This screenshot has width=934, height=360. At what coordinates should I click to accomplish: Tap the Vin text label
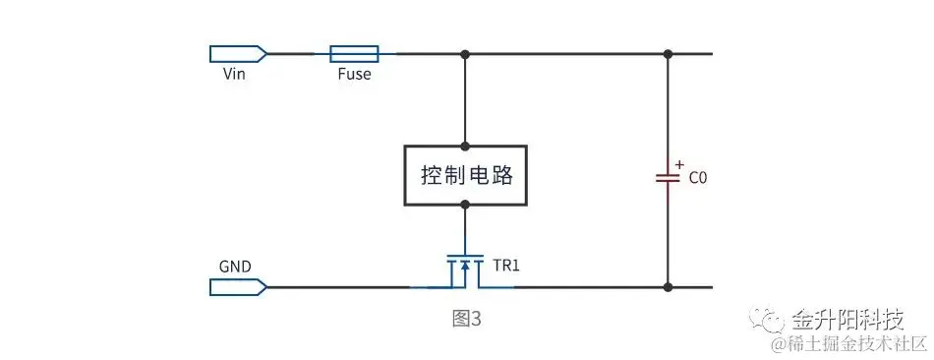[233, 74]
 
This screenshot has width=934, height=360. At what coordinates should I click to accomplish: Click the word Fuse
[354, 74]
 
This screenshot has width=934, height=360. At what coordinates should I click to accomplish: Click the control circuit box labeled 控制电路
[465, 176]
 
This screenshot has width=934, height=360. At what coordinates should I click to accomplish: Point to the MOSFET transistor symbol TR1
[464, 270]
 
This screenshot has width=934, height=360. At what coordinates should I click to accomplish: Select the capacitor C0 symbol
[669, 178]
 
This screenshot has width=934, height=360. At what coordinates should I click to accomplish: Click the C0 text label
[697, 179]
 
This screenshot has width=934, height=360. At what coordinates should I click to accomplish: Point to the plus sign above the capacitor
[679, 163]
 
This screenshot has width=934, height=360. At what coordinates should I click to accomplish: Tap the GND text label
[235, 266]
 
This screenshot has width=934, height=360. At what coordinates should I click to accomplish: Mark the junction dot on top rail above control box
[465, 52]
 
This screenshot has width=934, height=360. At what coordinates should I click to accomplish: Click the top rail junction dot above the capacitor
[669, 52]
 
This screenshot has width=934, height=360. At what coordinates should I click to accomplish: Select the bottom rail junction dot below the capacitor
[669, 287]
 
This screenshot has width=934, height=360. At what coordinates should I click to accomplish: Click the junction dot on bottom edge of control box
[465, 205]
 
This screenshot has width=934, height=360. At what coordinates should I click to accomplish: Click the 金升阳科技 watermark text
[846, 320]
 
